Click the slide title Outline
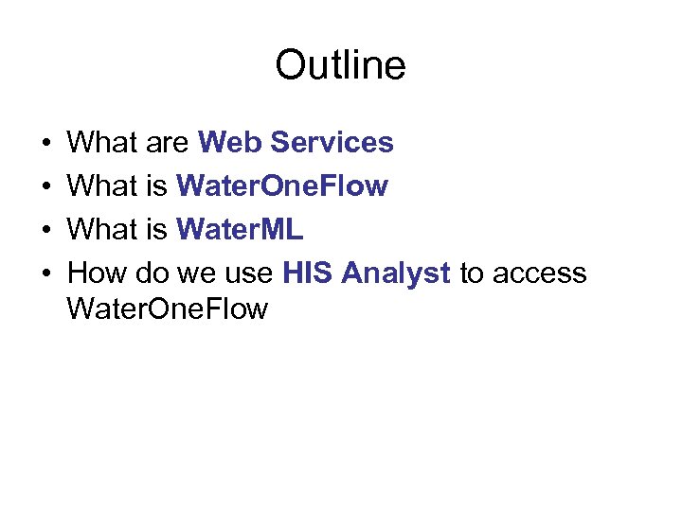[x=340, y=65]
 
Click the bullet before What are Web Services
[x=46, y=144]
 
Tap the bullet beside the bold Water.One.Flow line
[x=46, y=187]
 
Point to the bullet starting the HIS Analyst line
[x=46, y=274]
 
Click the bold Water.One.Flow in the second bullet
[x=282, y=186]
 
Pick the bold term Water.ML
[x=240, y=230]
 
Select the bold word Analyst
[x=396, y=273]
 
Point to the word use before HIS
[x=250, y=273]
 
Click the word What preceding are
[x=104, y=143]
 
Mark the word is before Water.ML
[x=157, y=230]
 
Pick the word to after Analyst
[x=472, y=273]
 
